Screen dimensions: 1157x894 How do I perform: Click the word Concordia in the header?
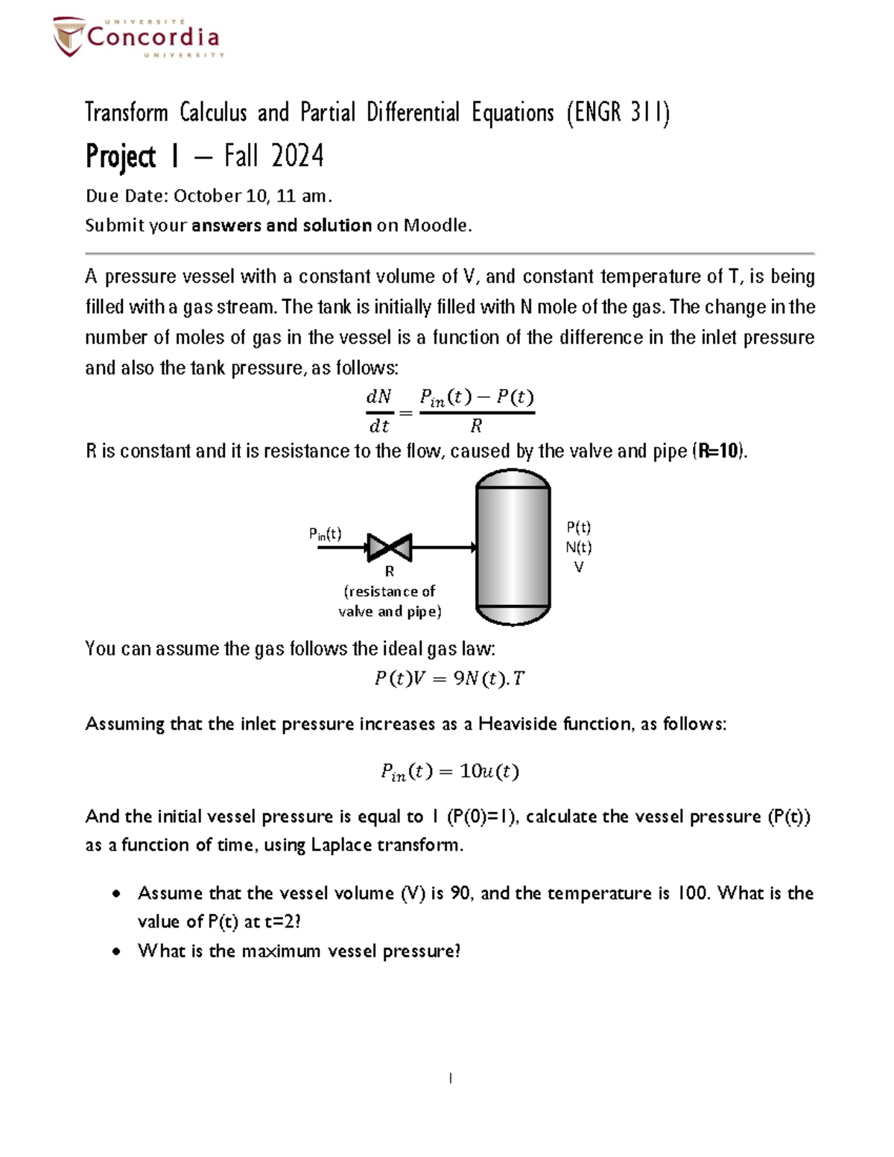click(153, 37)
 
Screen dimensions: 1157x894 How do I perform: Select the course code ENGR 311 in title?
click(618, 112)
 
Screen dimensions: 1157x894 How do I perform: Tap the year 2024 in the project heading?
click(297, 156)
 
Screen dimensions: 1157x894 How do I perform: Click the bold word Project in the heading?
click(121, 156)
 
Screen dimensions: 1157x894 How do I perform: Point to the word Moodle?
click(437, 225)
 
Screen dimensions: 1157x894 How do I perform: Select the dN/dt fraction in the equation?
click(379, 411)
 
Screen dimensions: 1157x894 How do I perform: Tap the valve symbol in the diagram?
click(389, 548)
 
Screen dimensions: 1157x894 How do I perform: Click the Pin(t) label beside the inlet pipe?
click(325, 533)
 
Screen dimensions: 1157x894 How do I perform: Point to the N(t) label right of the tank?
click(578, 548)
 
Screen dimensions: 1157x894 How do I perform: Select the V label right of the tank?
click(578, 567)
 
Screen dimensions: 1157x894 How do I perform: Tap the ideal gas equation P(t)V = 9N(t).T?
click(449, 679)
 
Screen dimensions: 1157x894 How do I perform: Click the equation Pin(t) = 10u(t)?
click(449, 771)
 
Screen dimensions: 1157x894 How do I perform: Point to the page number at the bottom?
click(450, 1078)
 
